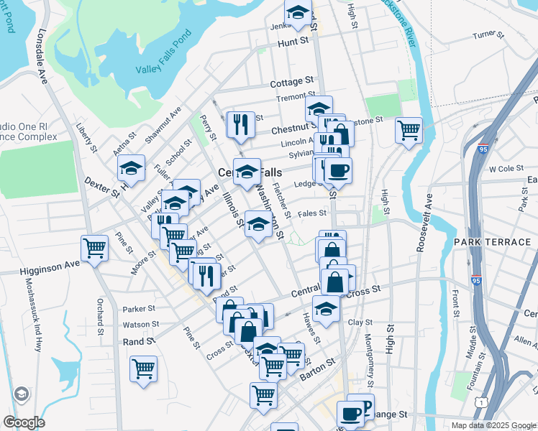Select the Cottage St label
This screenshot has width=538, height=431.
[293, 83]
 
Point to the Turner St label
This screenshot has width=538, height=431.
[485, 34]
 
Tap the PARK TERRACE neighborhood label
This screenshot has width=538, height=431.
[492, 242]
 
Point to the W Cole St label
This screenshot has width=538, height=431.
[503, 170]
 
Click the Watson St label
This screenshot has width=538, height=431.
[140, 325]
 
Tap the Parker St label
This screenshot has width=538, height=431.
[139, 310]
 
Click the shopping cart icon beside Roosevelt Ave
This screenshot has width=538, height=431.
[409, 130]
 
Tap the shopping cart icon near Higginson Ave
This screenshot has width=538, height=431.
[94, 249]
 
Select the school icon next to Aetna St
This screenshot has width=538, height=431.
[132, 168]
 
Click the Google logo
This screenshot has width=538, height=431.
[24, 422]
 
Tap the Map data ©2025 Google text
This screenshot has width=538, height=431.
[493, 425]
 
